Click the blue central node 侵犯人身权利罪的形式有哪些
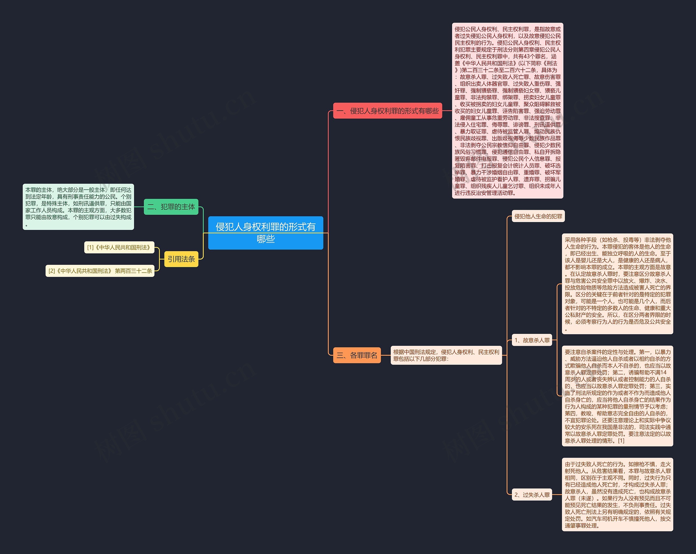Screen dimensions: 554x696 265,233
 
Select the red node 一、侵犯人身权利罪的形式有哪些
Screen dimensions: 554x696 387,111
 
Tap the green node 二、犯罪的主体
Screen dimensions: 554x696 171,207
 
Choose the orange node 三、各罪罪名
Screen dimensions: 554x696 357,355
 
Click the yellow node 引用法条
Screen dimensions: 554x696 181,259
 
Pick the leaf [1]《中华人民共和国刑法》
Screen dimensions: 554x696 119,247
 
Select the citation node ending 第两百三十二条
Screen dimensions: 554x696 100,271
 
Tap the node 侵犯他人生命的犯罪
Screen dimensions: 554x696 538,216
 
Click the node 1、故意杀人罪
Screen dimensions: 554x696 532,340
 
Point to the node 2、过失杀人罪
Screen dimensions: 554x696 532,495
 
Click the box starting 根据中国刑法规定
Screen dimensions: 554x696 446,355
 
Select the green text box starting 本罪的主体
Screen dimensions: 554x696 78,207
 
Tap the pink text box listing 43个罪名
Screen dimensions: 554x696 508,111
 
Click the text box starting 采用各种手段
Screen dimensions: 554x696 617,284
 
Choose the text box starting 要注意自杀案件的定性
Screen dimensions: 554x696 617,396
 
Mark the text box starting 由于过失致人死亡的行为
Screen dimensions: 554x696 617,494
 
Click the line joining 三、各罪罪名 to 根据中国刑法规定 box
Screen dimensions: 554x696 386,355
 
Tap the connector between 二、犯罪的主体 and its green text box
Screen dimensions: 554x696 139,207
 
